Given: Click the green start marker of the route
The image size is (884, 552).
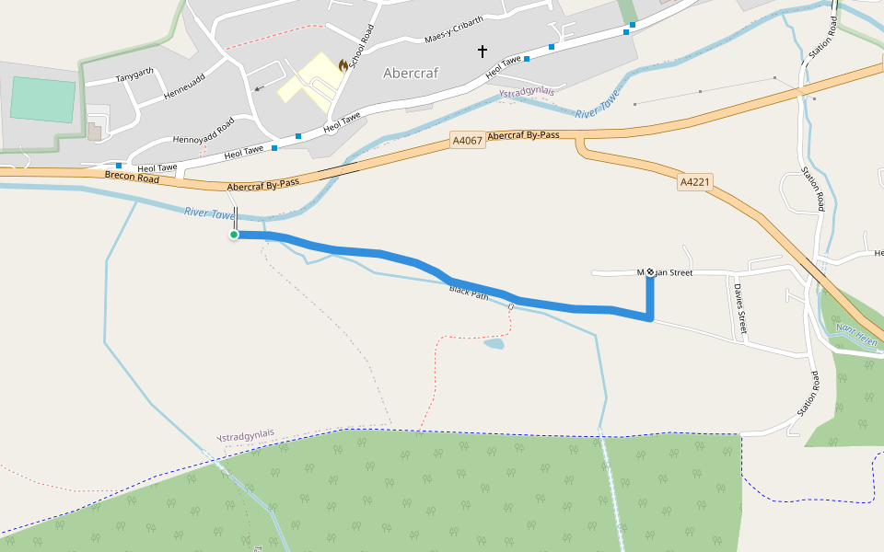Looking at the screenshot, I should [234, 236].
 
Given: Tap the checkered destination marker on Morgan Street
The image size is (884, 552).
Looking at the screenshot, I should [650, 271].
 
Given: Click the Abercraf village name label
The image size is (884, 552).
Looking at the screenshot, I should [411, 73].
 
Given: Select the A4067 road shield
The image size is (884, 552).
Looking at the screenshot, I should [467, 141].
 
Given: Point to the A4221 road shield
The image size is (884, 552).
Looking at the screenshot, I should [695, 182].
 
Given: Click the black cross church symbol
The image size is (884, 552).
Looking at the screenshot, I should [482, 52].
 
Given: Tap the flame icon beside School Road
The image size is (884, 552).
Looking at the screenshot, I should [343, 65].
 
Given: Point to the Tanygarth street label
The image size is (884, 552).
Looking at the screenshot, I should [134, 76].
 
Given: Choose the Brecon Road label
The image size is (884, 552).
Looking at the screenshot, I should [132, 176].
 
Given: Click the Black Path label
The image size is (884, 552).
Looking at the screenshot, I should [469, 292].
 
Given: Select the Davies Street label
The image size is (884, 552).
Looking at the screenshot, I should [739, 307].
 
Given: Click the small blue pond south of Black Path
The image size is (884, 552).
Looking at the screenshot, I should [494, 344].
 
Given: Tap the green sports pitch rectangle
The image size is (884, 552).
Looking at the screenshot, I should [42, 100].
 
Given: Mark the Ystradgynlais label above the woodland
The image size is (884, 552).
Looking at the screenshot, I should [245, 435].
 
